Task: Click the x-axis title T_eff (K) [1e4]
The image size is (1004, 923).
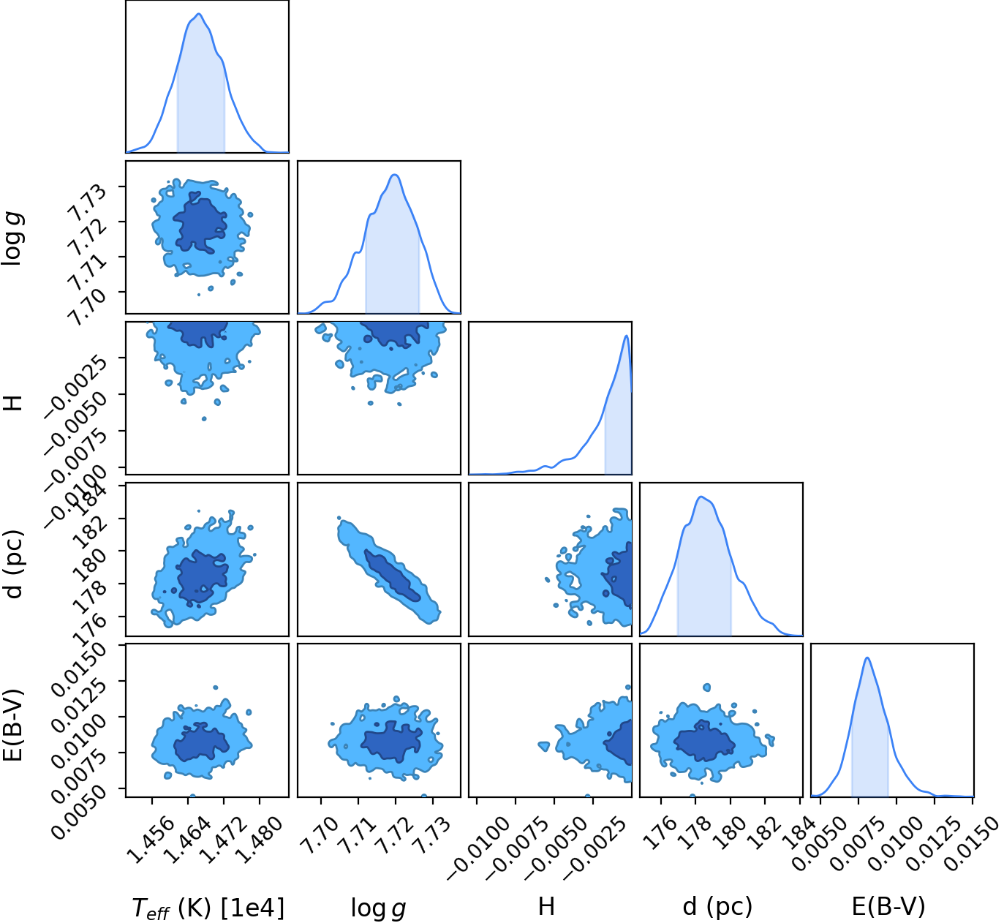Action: point(208,908)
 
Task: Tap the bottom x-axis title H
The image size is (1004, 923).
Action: point(546,906)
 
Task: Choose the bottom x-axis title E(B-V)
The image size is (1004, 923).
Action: point(888,906)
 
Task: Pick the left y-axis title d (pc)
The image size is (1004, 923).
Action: point(13,564)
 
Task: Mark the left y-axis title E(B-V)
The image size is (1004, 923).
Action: point(12,726)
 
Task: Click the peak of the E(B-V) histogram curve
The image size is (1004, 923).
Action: point(867,658)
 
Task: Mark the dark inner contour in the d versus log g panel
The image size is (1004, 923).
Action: point(393,575)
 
